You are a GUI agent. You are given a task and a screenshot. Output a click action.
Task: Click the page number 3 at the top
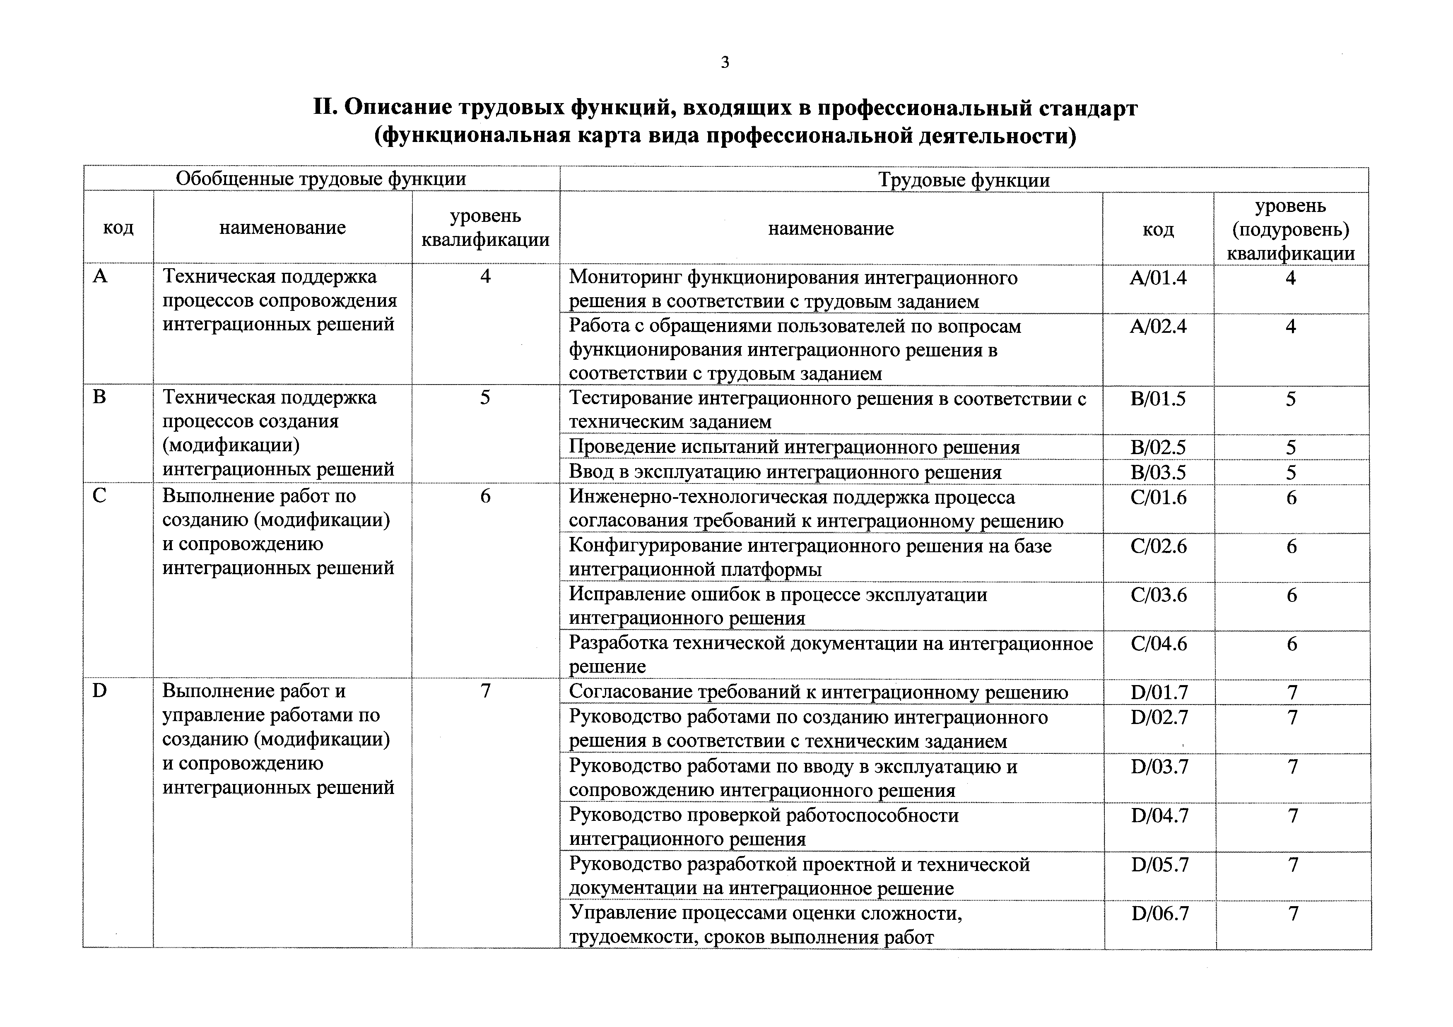pos(725,62)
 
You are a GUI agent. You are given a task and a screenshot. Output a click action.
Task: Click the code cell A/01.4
pos(1158,278)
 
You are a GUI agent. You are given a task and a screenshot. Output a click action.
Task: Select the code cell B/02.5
pos(1158,447)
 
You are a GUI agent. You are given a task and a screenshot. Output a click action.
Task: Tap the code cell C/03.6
pos(1159,595)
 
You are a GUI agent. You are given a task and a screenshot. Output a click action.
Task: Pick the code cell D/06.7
pos(1160,913)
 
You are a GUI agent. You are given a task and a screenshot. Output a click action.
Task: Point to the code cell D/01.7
pos(1159,692)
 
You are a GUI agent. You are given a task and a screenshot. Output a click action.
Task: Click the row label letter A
pos(100,277)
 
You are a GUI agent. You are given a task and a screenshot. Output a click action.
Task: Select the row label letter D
pos(100,690)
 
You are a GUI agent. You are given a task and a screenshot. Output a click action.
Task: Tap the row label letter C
pos(99,495)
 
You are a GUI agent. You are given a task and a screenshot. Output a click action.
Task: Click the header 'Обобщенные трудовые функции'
pos(321,179)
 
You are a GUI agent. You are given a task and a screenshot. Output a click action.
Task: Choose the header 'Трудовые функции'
pos(964,180)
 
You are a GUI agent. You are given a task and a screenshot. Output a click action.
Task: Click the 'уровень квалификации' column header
pos(485,228)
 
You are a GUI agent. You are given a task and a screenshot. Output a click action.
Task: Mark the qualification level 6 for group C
pos(485,495)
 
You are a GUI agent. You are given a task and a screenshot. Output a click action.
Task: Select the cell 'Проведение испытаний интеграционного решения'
pos(794,447)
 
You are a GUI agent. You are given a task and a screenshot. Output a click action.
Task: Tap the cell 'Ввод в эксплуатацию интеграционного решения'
pos(785,472)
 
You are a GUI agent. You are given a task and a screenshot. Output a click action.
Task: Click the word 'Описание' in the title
pos(398,108)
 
